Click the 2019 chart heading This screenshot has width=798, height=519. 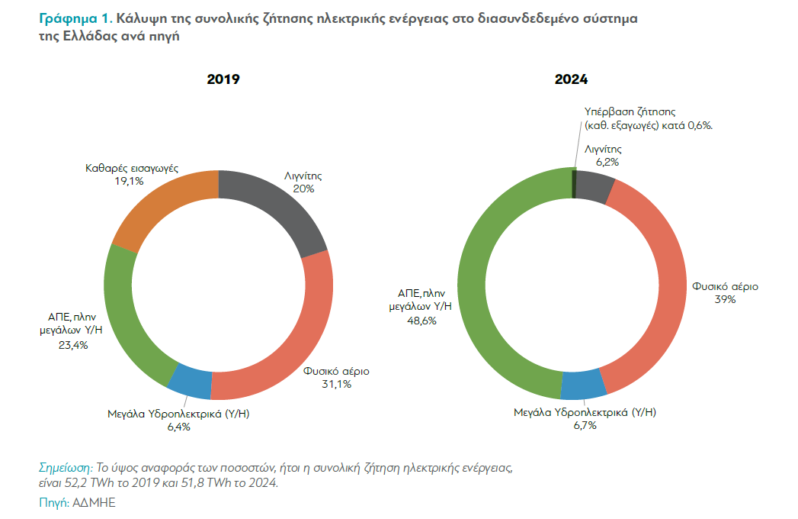click(x=223, y=79)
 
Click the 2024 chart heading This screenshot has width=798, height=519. click(x=571, y=79)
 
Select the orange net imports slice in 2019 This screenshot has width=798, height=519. click(x=157, y=202)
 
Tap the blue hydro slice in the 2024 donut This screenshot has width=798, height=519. click(x=584, y=385)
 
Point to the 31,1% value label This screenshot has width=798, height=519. click(x=336, y=384)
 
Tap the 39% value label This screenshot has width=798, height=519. click(x=725, y=300)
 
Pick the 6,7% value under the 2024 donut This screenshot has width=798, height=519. click(x=584, y=425)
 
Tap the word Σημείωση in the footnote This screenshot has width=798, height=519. click(x=62, y=466)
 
